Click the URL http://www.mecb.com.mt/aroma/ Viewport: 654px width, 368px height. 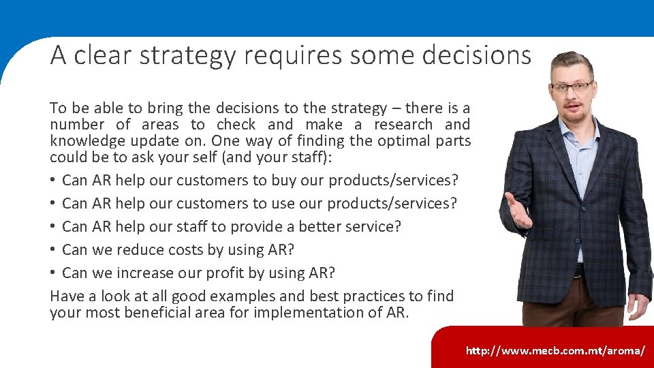[555, 350]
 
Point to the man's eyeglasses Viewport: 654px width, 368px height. [572, 87]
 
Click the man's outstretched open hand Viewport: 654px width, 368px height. [518, 211]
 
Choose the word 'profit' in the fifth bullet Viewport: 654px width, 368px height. [236, 273]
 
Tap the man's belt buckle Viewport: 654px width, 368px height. [579, 271]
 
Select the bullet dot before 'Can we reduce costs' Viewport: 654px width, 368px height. [53, 250]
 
